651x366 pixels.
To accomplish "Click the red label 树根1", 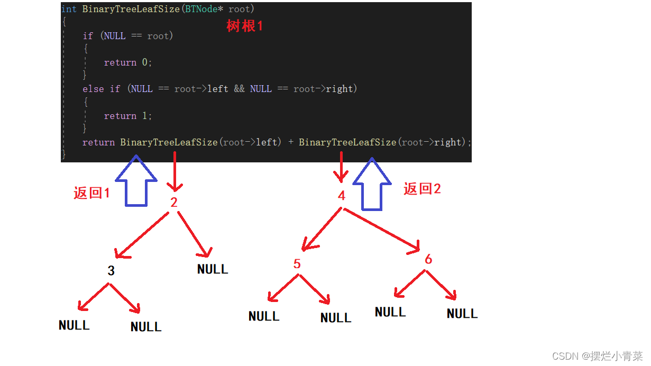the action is point(244,26).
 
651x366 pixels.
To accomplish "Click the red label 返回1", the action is point(91,193).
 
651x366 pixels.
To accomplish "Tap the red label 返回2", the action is point(422,189).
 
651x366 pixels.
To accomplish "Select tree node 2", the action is point(174,203).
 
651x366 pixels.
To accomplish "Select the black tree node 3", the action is point(111,271).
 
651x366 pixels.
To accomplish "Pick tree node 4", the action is point(342,195).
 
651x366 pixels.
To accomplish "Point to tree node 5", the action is point(297,264).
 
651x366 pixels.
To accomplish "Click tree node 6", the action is point(428,259).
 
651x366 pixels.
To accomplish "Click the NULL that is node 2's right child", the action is point(213,269).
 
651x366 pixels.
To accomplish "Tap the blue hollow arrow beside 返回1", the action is point(136,180).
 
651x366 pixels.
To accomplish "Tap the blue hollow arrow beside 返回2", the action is point(372,184).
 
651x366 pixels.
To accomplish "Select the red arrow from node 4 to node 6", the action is point(382,230).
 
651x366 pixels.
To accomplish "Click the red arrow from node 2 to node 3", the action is point(142,235).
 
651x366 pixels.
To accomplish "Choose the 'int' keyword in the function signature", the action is point(69,9).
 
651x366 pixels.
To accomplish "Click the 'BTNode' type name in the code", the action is point(201,9).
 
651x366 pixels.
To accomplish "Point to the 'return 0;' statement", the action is point(128,62).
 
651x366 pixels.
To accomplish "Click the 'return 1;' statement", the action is point(128,116).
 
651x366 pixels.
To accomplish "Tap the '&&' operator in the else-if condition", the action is point(239,89).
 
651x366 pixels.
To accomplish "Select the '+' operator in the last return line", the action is point(291,142).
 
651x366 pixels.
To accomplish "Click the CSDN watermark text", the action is point(597,356).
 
